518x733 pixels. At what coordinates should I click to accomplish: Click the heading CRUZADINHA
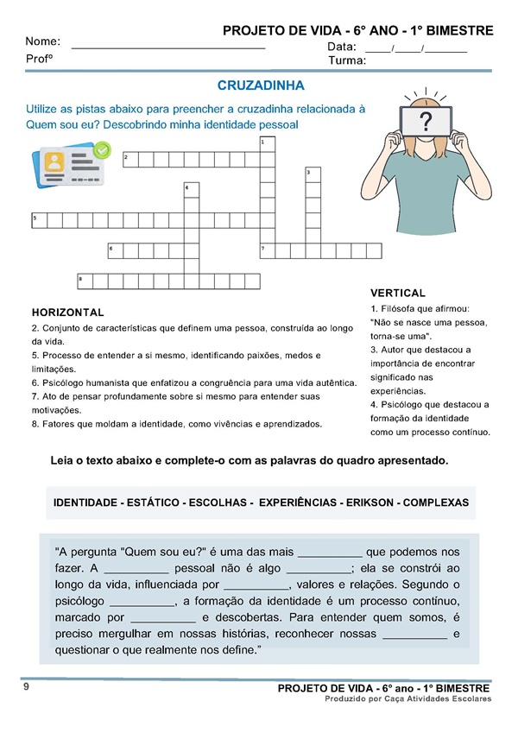point(261,86)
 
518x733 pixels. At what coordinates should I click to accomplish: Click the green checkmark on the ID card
point(102,149)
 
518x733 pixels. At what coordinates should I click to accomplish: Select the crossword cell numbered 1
point(267,142)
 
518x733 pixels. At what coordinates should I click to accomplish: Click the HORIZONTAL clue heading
point(67,313)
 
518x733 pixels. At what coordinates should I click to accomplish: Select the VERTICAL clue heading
point(397,294)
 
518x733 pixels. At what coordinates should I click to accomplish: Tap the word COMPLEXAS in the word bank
point(436,502)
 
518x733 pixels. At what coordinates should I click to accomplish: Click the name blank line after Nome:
point(168,45)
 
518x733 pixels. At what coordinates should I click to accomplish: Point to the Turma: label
point(347,61)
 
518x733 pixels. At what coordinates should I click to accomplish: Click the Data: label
point(342,46)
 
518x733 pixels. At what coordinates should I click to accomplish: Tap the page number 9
point(27,687)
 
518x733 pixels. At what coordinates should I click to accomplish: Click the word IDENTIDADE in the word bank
point(86,502)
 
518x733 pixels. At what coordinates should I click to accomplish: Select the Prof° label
point(40,60)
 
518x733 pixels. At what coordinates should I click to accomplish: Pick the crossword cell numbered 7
point(267,250)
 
